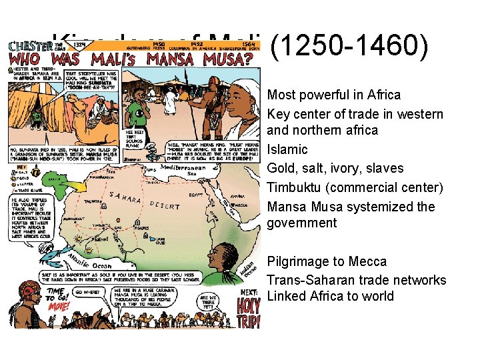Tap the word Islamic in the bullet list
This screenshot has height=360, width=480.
(x=287, y=149)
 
